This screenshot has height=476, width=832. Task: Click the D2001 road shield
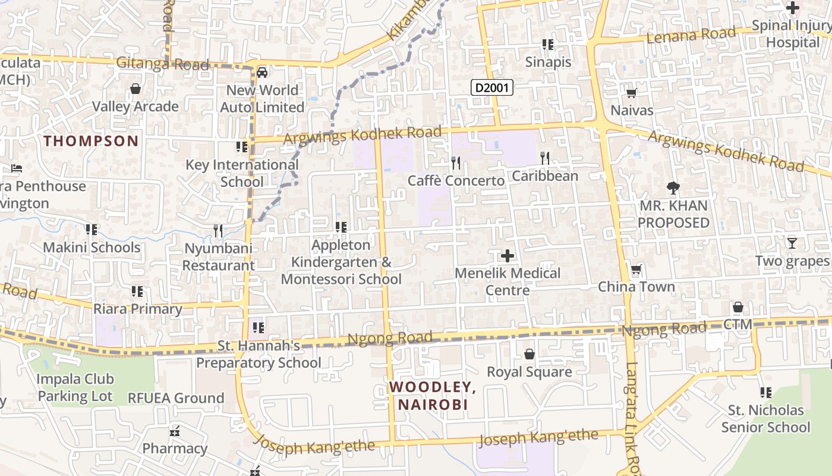point(492,88)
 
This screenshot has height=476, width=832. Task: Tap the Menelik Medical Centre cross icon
point(507,256)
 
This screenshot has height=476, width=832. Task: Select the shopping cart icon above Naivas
point(631,93)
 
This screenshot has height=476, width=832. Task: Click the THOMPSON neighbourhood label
point(91,141)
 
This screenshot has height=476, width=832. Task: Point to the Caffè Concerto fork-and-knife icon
point(456,162)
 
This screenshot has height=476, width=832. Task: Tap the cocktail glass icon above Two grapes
point(792,243)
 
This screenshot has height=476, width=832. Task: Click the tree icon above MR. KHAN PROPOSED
point(673,189)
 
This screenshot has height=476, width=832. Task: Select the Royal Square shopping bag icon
point(529,355)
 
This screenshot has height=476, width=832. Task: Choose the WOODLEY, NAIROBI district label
point(433,396)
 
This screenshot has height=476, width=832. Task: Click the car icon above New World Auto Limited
point(261,73)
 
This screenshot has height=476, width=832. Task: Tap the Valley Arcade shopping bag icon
point(135,89)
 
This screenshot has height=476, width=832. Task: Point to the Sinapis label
point(548,62)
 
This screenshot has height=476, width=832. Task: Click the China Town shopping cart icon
point(636,270)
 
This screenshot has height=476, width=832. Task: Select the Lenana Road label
point(691,35)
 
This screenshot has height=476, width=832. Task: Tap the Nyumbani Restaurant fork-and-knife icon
point(218,230)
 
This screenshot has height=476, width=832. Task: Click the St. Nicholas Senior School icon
point(765,393)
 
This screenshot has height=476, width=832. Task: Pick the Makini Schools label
point(92,248)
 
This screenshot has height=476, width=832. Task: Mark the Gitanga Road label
point(162,64)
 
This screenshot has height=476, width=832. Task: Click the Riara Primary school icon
point(137,292)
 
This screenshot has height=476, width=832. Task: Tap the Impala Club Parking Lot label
point(75,387)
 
